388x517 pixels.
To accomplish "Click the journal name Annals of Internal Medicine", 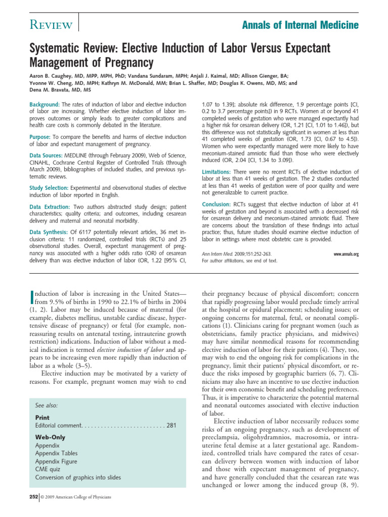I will [x=301, y=25].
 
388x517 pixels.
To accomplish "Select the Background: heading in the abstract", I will [x=45, y=104].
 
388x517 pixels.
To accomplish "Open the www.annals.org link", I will [x=346, y=254].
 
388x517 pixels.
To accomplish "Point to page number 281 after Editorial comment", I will [x=171, y=426].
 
